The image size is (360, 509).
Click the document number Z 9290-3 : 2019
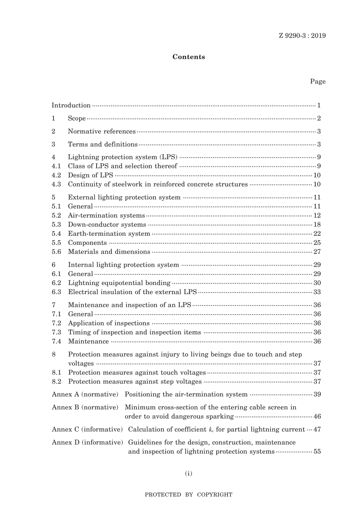point(302,36)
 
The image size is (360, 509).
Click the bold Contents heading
point(189,57)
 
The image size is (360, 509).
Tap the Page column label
point(318,81)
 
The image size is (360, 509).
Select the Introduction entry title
point(71,105)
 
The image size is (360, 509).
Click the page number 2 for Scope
point(319,118)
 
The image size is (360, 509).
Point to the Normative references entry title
point(102,132)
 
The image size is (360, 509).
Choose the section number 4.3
point(56,184)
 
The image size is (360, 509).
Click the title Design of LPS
point(91,175)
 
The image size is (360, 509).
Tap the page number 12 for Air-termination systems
point(317,215)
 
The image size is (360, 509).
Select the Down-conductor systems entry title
point(107,224)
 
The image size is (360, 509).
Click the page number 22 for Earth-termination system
point(317,233)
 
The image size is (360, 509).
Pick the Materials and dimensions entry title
point(109,252)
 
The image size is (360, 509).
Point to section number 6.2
point(56,283)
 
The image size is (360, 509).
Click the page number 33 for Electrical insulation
point(317,292)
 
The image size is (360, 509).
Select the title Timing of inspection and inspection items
point(135,332)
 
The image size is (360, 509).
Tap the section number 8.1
point(56,373)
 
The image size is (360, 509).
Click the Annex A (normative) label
point(85,394)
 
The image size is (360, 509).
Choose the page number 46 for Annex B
point(317,416)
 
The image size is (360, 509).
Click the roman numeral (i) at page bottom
point(189,473)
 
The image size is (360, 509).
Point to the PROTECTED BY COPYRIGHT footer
point(189,494)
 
